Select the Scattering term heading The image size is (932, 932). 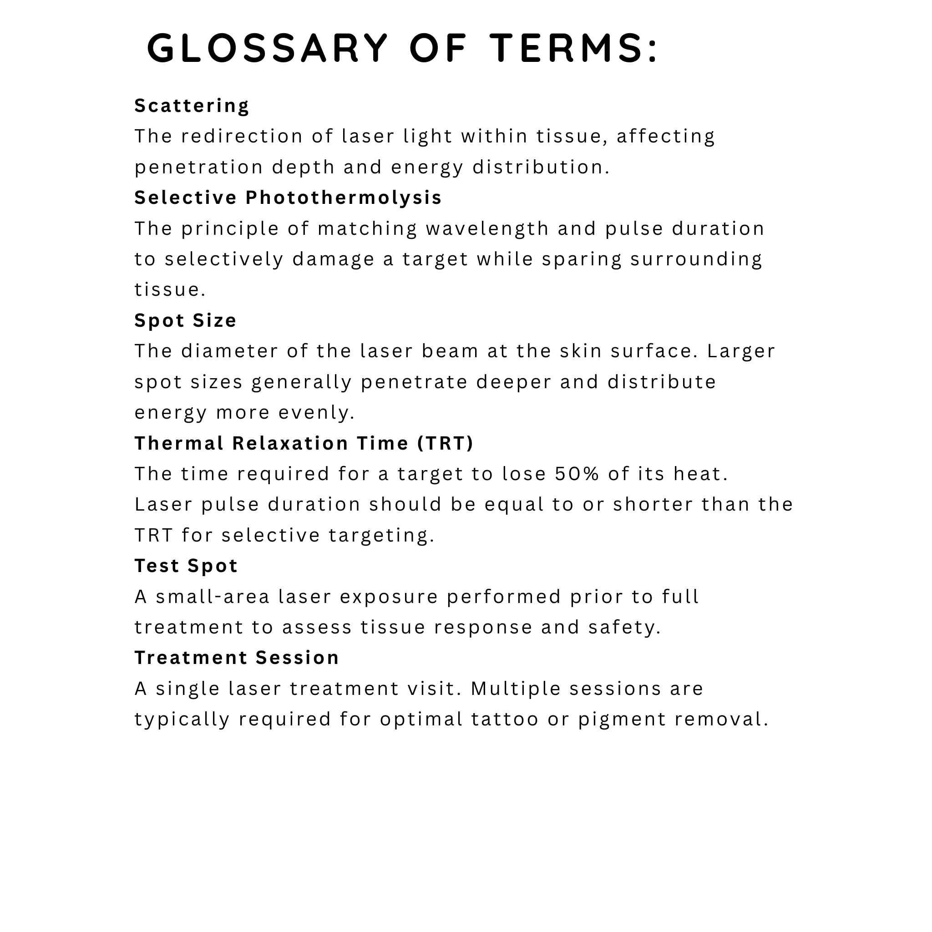(192, 106)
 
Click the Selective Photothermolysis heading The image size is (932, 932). (288, 198)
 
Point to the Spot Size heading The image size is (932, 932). (185, 320)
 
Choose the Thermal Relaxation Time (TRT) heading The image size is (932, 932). (304, 443)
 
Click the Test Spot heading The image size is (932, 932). (186, 566)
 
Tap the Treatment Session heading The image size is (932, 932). (236, 658)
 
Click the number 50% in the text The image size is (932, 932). (577, 474)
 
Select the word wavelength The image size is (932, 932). (487, 228)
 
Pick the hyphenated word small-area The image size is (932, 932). (212, 596)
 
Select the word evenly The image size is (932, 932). (316, 412)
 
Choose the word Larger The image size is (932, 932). (741, 351)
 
